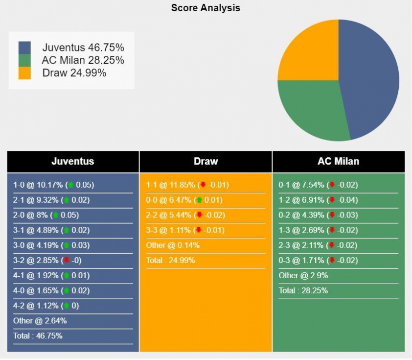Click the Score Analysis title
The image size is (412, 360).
pyautogui.click(x=206, y=8)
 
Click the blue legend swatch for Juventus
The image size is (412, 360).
pyautogui.click(x=24, y=48)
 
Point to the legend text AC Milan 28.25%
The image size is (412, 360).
pyautogui.click(x=83, y=60)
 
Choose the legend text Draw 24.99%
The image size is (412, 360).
pyautogui.click(x=74, y=73)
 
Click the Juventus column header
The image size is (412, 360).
pyautogui.click(x=73, y=161)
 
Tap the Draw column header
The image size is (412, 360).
pyautogui.click(x=206, y=161)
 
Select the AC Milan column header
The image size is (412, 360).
pyautogui.click(x=338, y=161)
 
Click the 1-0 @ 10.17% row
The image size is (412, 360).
pyautogui.click(x=53, y=185)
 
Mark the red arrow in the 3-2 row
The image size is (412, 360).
pyautogui.click(x=66, y=261)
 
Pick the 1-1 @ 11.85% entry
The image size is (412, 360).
pyautogui.click(x=187, y=185)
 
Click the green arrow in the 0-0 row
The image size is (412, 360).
pyautogui.click(x=199, y=200)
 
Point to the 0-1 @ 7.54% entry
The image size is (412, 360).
pyautogui.click(x=318, y=185)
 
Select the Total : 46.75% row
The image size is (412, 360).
pyautogui.click(x=38, y=336)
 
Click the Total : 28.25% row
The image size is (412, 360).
pyautogui.click(x=303, y=290)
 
